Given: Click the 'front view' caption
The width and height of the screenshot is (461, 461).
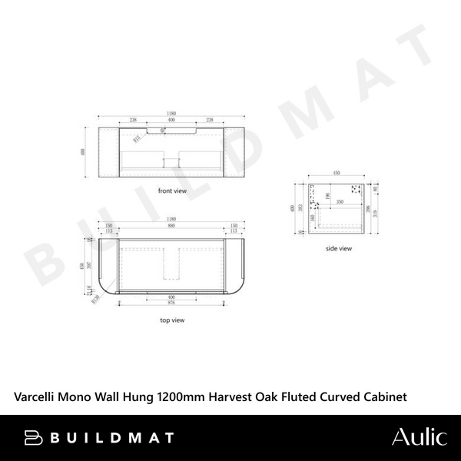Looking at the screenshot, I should click(x=172, y=190).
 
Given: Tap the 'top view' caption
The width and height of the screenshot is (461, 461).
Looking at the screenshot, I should click(x=172, y=319).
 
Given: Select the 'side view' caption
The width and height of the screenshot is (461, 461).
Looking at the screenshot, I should click(x=338, y=248).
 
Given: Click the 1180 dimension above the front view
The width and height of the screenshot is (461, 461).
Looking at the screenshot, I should click(x=172, y=114).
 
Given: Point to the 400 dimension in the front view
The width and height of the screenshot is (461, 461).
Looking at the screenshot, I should click(x=172, y=121).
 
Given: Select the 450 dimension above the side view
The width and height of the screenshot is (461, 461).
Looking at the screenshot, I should click(x=336, y=173).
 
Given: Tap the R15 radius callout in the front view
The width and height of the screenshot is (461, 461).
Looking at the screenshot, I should click(x=138, y=139).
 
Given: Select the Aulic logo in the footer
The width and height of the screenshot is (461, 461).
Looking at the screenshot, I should click(x=419, y=437).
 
